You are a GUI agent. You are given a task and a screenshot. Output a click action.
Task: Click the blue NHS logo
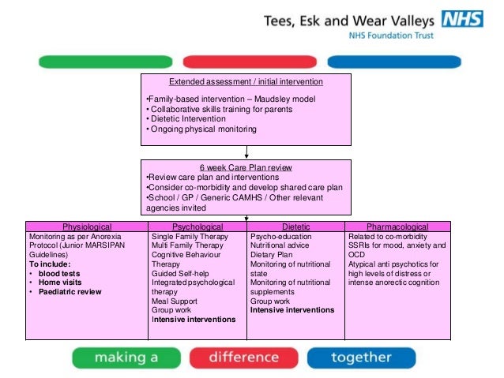pyautogui.click(x=464, y=19)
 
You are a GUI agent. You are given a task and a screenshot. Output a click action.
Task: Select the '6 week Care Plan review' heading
pyautogui.click(x=245, y=167)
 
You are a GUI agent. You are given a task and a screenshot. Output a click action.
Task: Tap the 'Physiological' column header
pyautogui.click(x=87, y=226)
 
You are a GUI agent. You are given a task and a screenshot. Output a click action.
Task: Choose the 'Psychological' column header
pyautogui.click(x=197, y=226)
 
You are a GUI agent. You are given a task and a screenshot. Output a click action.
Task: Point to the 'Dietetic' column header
pyautogui.click(x=296, y=226)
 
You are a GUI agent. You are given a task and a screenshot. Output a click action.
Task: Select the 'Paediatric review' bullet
pyautogui.click(x=70, y=292)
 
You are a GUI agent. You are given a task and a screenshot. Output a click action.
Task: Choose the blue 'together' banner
pyautogui.click(x=361, y=357)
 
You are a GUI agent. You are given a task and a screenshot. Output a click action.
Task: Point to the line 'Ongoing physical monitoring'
pyautogui.click(x=203, y=129)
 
